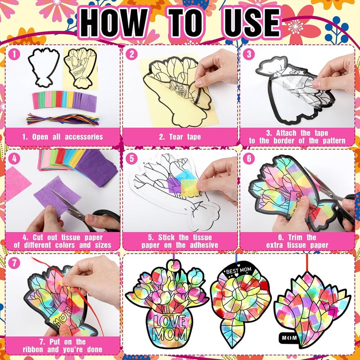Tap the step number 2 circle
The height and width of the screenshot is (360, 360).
point(132,54)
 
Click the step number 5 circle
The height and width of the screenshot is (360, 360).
point(132,158)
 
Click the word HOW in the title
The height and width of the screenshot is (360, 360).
point(115,21)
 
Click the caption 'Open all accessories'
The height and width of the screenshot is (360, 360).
point(63,137)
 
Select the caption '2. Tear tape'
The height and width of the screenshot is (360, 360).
point(180,137)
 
